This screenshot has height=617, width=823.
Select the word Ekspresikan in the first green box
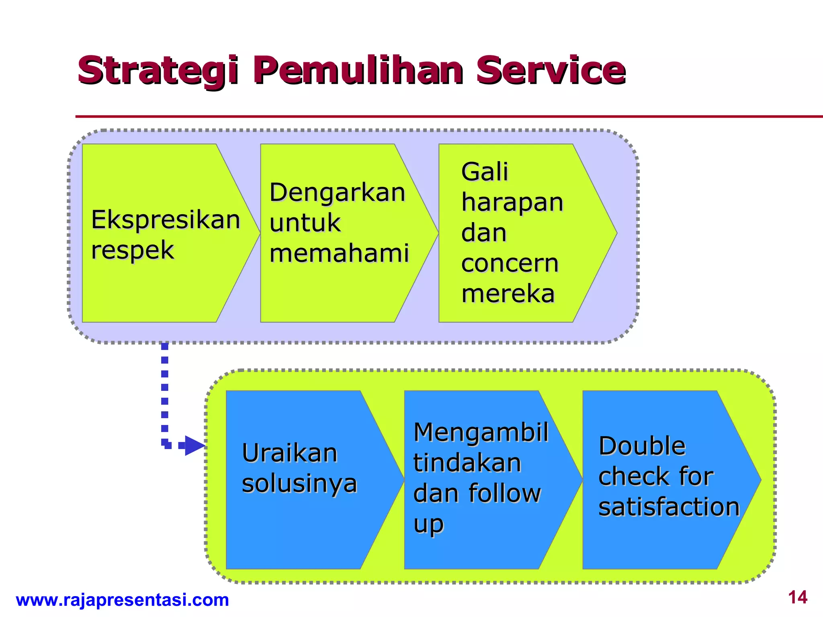tap(166, 220)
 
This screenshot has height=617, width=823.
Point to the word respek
tap(132, 251)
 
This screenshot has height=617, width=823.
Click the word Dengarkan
tap(337, 193)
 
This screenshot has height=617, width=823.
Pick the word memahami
tap(339, 254)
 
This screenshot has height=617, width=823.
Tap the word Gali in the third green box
tap(485, 172)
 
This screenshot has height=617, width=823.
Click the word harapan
tap(512, 202)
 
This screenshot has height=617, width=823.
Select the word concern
tap(510, 264)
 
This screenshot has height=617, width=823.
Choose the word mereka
tap(508, 294)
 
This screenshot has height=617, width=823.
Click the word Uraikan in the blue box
tap(289, 454)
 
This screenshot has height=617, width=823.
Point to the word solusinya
tap(299, 484)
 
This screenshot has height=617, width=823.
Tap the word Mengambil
tap(481, 433)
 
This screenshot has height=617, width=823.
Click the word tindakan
tap(467, 463)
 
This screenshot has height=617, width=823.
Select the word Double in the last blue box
tap(642, 446)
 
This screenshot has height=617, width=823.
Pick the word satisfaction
tap(669, 507)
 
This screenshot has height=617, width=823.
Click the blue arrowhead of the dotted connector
tap(194, 445)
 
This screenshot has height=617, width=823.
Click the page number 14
tap(797, 598)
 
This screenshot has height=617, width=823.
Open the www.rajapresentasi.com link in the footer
tap(122, 600)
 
